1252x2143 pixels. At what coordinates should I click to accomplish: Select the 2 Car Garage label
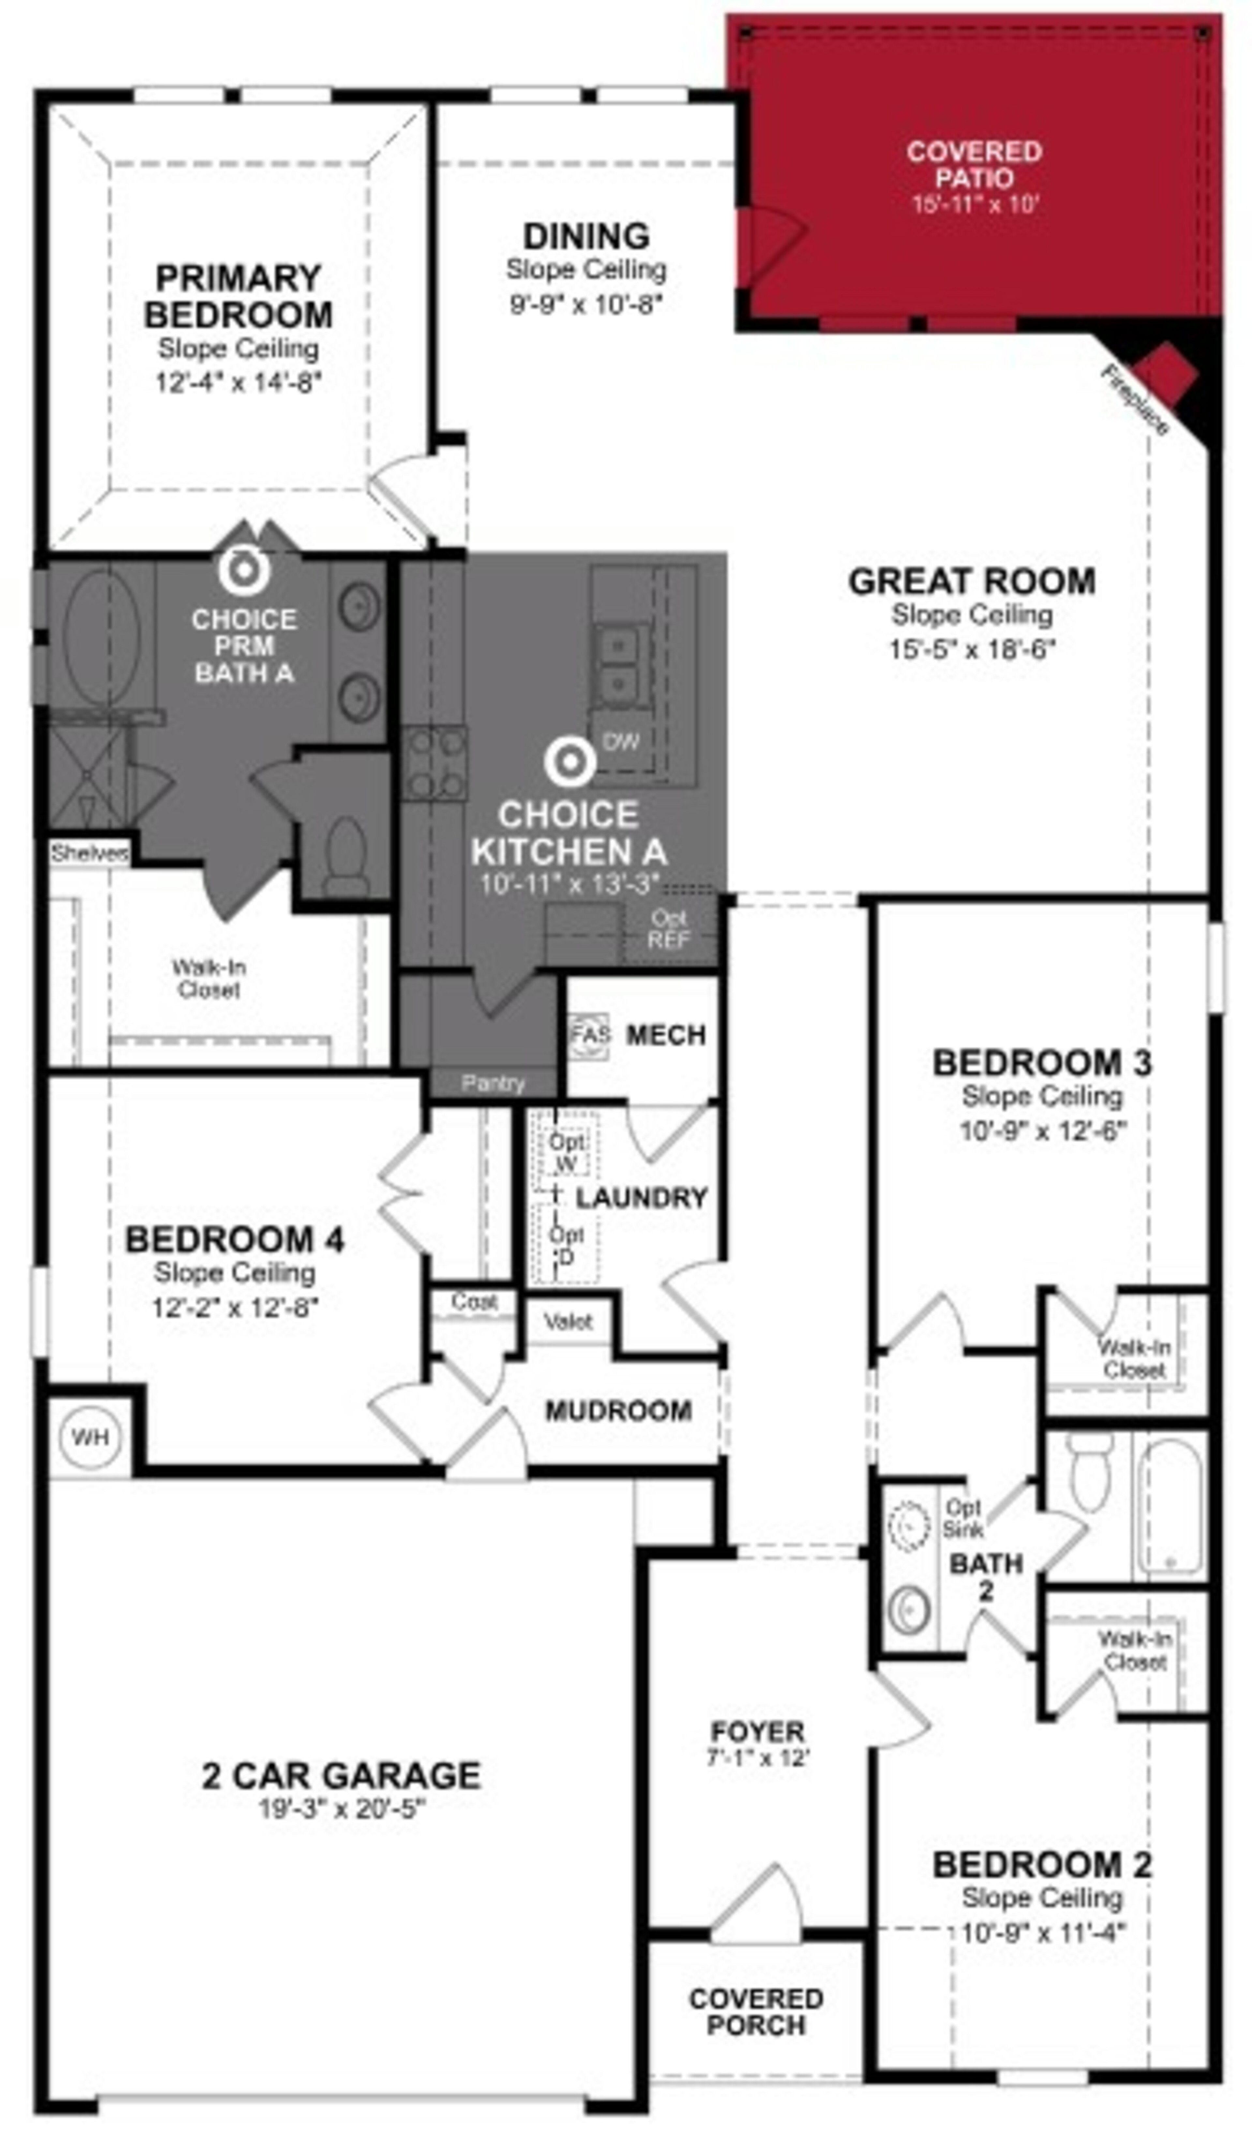(341, 1776)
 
